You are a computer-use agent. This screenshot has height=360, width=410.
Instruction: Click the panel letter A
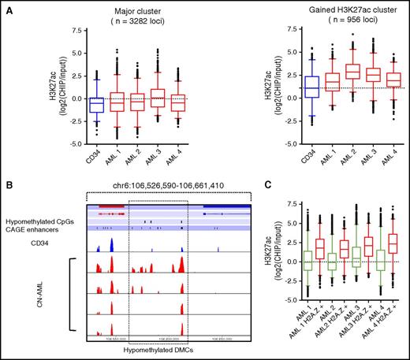(x=7, y=8)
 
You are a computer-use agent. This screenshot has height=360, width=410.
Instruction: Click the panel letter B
(x=7, y=188)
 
